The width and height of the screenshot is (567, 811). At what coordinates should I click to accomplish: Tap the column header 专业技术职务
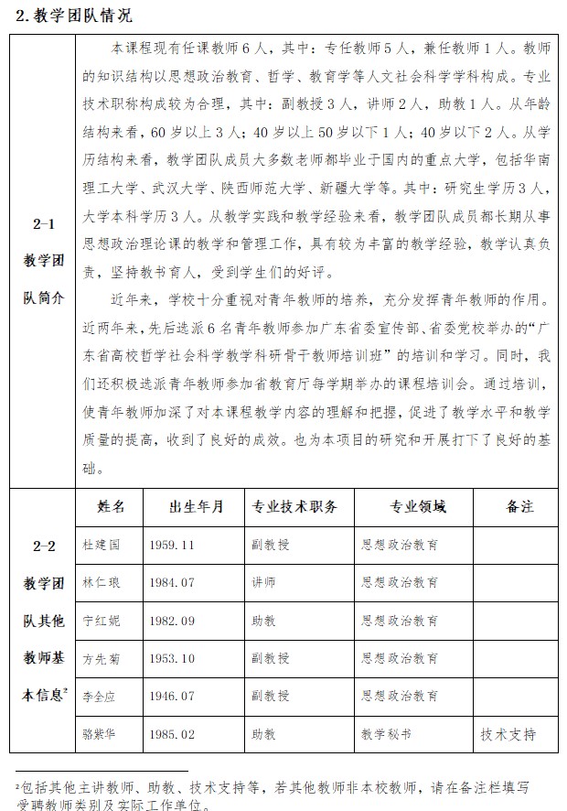coord(294,506)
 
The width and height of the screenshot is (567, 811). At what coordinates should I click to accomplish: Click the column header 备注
coord(518,506)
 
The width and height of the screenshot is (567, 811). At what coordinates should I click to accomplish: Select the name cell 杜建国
coord(101,544)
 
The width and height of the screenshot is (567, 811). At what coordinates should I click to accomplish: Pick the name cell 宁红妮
coord(101,620)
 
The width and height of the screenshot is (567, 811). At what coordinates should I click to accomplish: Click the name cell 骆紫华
coord(101,734)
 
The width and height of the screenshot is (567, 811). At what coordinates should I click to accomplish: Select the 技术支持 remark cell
coord(508,734)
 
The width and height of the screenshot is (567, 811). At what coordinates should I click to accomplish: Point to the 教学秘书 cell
coord(386,734)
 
